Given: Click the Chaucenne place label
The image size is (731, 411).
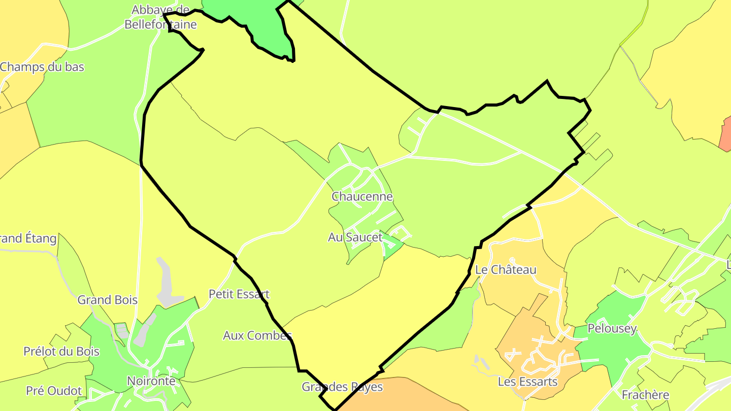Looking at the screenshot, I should point(362,196).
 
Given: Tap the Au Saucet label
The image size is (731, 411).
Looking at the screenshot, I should point(355,237).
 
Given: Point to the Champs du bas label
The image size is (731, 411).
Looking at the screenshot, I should point(42,67).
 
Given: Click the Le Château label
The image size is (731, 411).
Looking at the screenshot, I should point(506,269).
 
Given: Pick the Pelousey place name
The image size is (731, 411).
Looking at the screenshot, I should point(612,329).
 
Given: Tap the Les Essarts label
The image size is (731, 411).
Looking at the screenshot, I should point(527,382).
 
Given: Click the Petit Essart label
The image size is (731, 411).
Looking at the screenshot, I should point(239,294).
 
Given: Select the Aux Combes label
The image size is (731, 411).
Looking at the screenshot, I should point(257,335).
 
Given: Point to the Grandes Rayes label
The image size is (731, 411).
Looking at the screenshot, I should point(342,387).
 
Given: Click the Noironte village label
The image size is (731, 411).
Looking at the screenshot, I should point(151,381).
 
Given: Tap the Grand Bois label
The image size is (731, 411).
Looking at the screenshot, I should point(107,300).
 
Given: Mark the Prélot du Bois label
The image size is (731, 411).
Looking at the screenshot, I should point(61,352).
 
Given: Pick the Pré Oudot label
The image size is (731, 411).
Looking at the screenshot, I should point(54,391).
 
